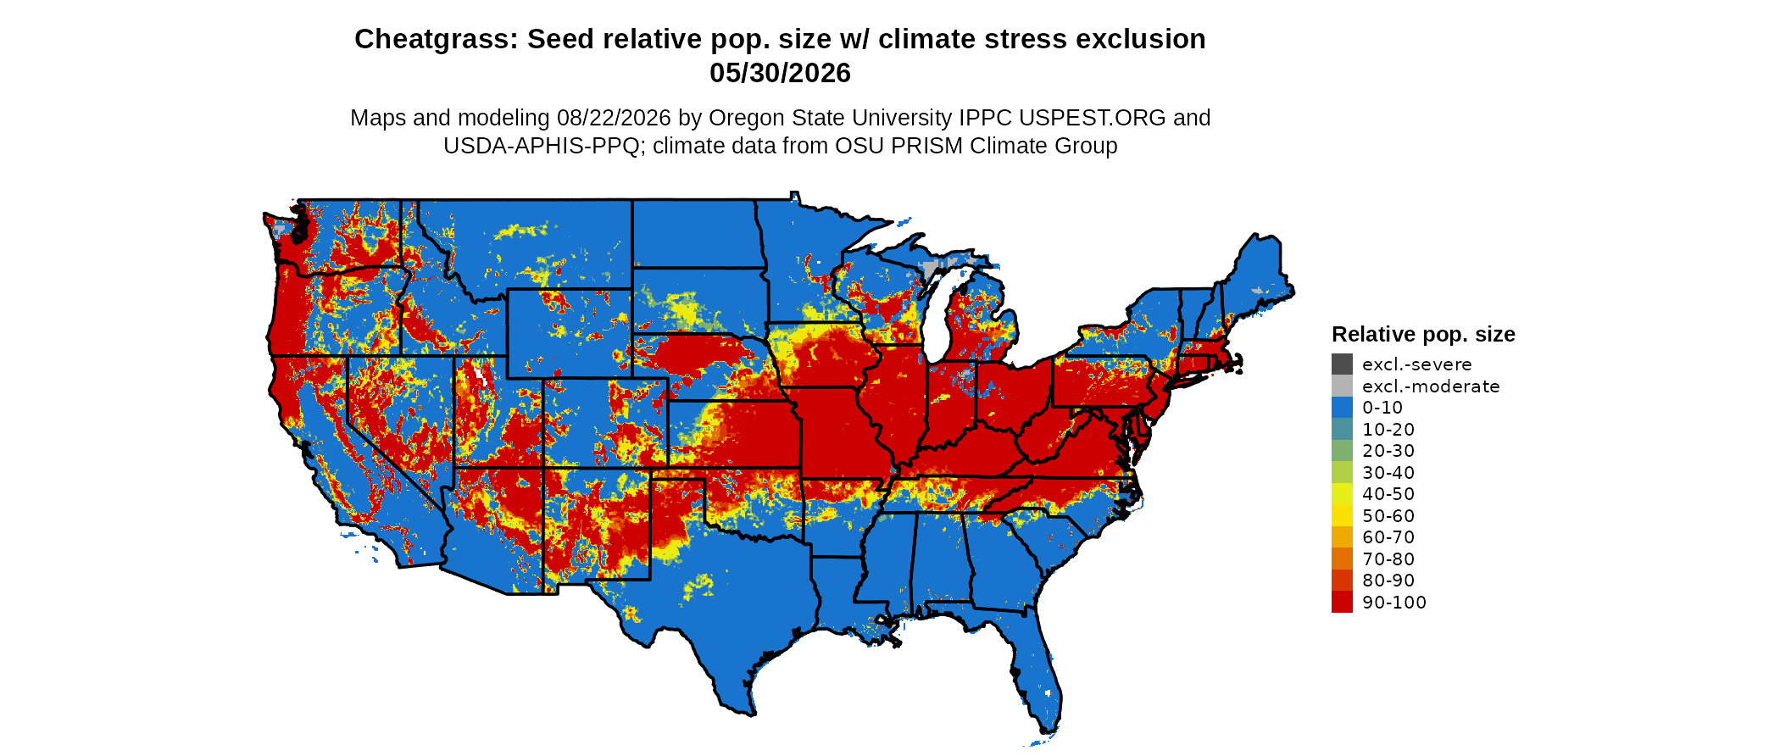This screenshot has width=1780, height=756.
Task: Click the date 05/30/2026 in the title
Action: [x=780, y=74]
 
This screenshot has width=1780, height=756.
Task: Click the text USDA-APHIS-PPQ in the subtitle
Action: [x=541, y=146]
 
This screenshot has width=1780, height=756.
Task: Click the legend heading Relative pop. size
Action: [x=1423, y=335]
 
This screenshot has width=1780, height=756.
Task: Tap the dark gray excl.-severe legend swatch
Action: [x=1342, y=364]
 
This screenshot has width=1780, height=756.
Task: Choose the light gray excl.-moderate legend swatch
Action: [x=1342, y=386]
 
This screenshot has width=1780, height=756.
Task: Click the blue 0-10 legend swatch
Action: [x=1342, y=408]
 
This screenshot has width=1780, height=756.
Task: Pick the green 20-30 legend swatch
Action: [x=1342, y=451]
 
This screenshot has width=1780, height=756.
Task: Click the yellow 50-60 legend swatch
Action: [x=1342, y=516]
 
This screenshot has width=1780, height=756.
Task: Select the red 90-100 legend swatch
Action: [x=1342, y=603]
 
